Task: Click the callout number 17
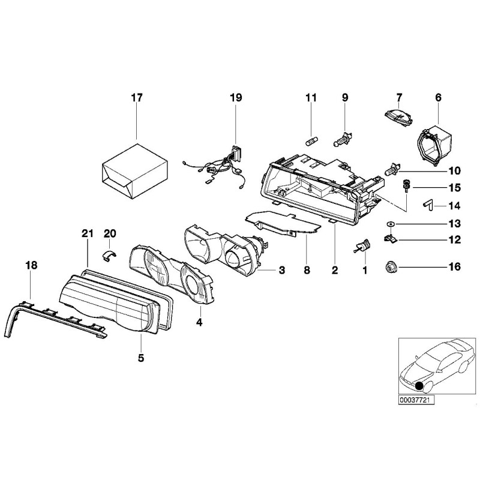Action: (x=137, y=97)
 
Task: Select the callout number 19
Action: (x=236, y=97)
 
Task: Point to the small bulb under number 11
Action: (x=311, y=142)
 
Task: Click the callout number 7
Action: (x=398, y=97)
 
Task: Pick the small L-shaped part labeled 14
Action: (x=427, y=205)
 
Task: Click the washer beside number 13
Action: (x=390, y=224)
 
